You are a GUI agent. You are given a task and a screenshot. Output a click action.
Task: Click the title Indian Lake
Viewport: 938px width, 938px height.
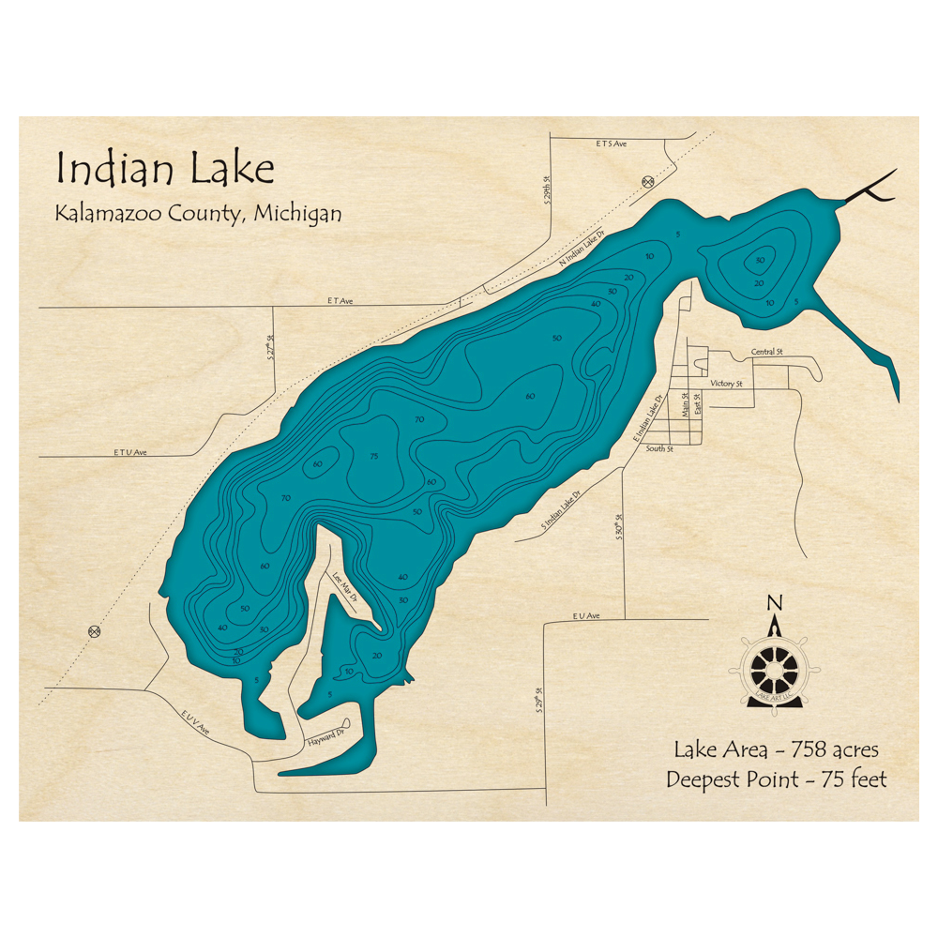coord(165,169)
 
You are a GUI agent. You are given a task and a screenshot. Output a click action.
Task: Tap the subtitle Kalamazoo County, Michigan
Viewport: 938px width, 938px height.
coord(197,214)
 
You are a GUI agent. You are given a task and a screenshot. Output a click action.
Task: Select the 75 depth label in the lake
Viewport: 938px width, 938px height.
coord(374,457)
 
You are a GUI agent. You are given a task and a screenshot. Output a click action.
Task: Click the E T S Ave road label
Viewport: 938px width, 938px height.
coord(610,144)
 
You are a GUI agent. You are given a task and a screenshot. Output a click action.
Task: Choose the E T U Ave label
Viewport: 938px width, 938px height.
coord(131,452)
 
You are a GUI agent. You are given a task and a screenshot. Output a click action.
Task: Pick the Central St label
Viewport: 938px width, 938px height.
coord(766,353)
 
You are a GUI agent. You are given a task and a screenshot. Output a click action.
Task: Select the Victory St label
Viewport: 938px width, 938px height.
coord(726,384)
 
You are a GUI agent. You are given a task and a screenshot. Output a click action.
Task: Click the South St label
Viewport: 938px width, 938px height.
coord(659,449)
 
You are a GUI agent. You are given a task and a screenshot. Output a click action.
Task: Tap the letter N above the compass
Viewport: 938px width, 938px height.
coord(774,602)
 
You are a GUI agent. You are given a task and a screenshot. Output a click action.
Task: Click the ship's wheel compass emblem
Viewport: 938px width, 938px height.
coord(775,669)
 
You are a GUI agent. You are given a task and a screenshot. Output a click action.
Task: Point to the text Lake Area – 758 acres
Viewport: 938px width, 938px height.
coord(776,749)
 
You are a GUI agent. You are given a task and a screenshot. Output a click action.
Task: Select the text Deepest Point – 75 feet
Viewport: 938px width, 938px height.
coord(776,779)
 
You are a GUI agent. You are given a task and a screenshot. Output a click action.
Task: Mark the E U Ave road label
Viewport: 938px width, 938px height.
coord(584,616)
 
